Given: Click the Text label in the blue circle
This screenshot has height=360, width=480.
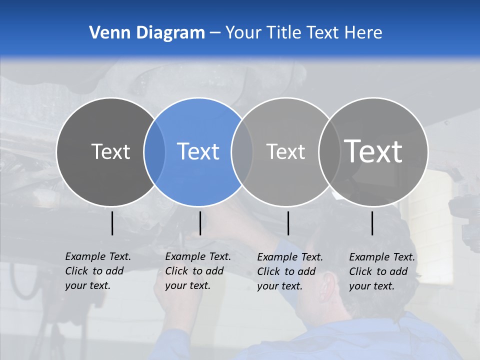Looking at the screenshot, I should pos(198,151).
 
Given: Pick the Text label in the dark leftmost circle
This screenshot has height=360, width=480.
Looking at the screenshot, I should pos(110,151).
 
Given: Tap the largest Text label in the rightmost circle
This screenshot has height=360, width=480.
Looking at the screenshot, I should pos(373,151).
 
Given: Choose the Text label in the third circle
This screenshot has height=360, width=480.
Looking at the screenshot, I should pos(285,151).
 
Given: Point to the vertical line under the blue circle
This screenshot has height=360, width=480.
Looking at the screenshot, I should pos(200,223).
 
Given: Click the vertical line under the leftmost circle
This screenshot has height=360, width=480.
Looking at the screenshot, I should pos(112,223).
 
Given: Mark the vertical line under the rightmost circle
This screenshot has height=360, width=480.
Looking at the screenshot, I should pos(372,223).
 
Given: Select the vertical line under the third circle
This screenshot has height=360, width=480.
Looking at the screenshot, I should pos(288,223).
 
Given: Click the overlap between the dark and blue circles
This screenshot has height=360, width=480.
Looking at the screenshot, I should pos(154,151).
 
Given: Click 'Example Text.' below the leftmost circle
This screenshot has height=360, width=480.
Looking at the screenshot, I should pos(98,256).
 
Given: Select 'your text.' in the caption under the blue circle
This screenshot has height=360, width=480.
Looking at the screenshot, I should pos(187,285).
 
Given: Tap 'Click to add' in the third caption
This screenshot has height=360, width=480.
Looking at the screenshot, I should pos(286,271).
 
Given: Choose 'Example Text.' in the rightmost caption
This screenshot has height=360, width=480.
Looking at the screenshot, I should pos(382,257).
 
